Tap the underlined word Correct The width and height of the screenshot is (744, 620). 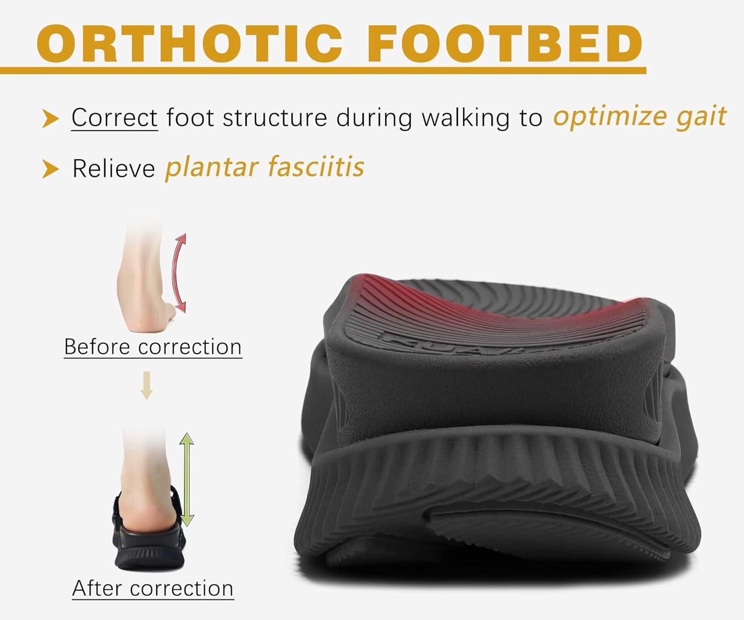tap(115, 118)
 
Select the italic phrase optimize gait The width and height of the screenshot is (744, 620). tap(640, 117)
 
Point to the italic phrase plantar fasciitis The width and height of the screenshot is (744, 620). tap(264, 167)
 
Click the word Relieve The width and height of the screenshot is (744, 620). tap(114, 169)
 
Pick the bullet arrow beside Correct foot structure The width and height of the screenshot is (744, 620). tap(50, 119)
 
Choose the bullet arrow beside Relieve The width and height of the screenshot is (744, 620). tap(50, 169)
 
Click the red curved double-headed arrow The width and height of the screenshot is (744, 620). tap(179, 273)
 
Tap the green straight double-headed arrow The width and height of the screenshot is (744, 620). tap(186, 479)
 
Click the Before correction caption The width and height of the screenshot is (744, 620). tap(153, 347)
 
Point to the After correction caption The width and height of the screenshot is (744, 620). tap(153, 588)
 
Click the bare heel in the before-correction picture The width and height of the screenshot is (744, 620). tap(144, 312)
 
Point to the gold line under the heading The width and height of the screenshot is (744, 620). tap(322, 70)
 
